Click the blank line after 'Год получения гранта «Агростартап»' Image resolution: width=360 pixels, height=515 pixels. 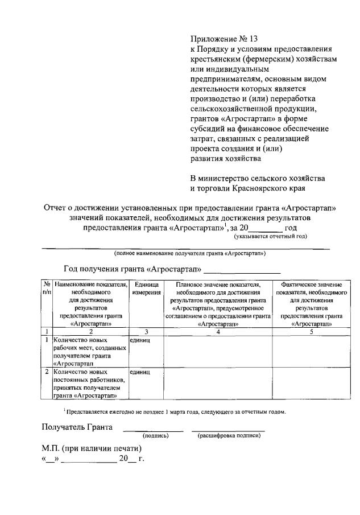pyautogui.click(x=242, y=270)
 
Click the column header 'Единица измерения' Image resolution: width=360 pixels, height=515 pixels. pyautogui.click(x=146, y=288)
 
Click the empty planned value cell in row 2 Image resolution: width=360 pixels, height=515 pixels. pyautogui.click(x=218, y=384)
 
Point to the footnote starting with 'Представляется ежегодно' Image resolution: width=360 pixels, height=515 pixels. pyautogui.click(x=174, y=411)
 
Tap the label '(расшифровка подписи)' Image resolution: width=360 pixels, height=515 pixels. pyautogui.click(x=229, y=436)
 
